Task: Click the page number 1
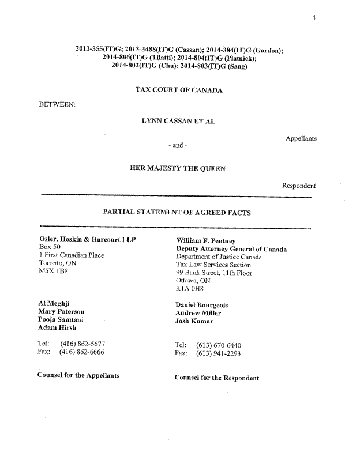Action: pos(314,18)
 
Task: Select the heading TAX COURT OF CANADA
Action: pos(179,90)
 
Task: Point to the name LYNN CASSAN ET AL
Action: pos(178,122)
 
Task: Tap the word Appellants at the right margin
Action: pos(301,138)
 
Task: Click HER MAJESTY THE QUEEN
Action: pos(178,168)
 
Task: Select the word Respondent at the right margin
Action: pos(299,186)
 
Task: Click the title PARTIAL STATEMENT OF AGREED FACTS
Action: pos(177,212)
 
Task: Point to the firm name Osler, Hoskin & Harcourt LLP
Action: pos(87,240)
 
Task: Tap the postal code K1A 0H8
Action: pos(190,290)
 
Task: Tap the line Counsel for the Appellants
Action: pos(78,375)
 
